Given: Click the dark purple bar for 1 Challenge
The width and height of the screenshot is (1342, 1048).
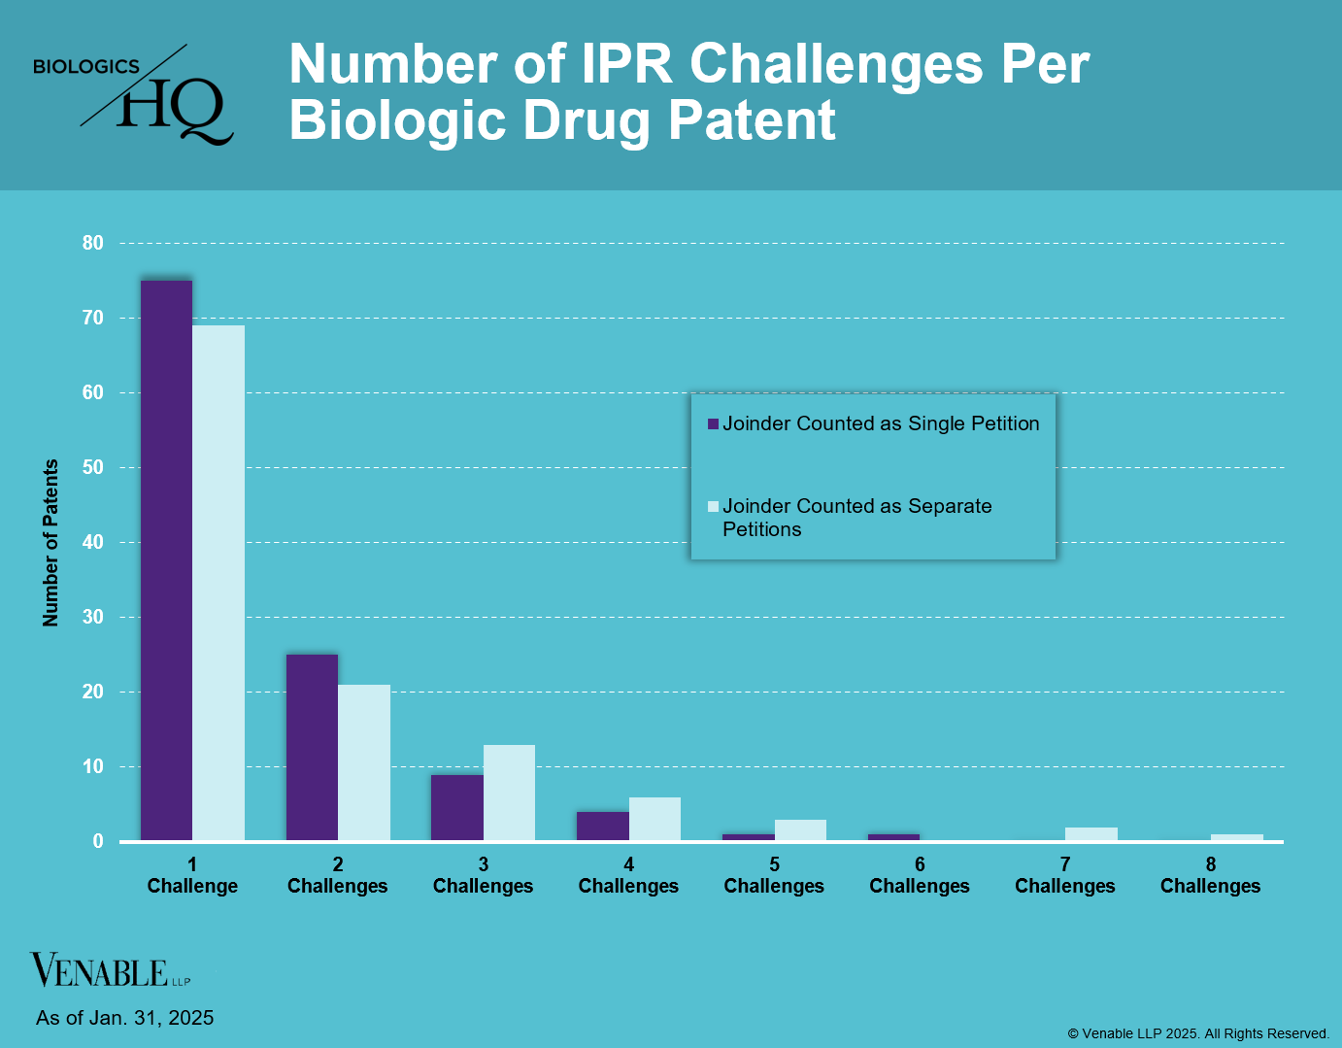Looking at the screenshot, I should pos(166,560).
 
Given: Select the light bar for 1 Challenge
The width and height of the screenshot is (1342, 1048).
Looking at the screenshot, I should pos(218,583).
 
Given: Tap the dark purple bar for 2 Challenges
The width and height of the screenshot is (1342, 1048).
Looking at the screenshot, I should pos(312,747).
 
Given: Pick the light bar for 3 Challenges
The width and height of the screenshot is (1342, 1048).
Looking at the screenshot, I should pos(509,793).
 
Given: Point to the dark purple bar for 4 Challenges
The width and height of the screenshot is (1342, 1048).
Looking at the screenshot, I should pos(602,826).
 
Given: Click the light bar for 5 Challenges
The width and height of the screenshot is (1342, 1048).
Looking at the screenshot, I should pos(800,830).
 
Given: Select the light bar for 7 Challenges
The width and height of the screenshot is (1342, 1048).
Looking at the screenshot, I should pos(1091,833).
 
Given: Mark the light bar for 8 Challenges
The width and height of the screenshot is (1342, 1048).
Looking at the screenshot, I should pos(1236,837).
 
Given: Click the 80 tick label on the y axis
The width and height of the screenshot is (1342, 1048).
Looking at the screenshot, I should pos(92,243).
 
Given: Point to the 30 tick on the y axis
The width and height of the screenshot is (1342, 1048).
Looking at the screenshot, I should pos(92,617).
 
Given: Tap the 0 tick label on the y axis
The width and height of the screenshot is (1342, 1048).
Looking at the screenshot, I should pos(98,841).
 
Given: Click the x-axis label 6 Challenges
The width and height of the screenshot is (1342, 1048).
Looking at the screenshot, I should pos(919,875).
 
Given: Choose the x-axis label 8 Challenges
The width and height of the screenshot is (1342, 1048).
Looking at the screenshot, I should pos(1210,875).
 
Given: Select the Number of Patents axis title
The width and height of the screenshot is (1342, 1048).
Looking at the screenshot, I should pos(50,542).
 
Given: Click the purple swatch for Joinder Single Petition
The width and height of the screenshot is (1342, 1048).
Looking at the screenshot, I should pos(713,424).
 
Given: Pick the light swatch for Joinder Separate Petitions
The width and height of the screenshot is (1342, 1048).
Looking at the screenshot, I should pos(713,506).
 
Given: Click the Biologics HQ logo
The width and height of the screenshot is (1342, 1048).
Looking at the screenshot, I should pos(134,95).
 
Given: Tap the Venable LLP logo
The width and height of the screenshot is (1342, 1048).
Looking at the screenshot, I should pos(109,970).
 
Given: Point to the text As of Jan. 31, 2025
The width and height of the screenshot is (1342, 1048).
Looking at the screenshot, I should pos(124,1018).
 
